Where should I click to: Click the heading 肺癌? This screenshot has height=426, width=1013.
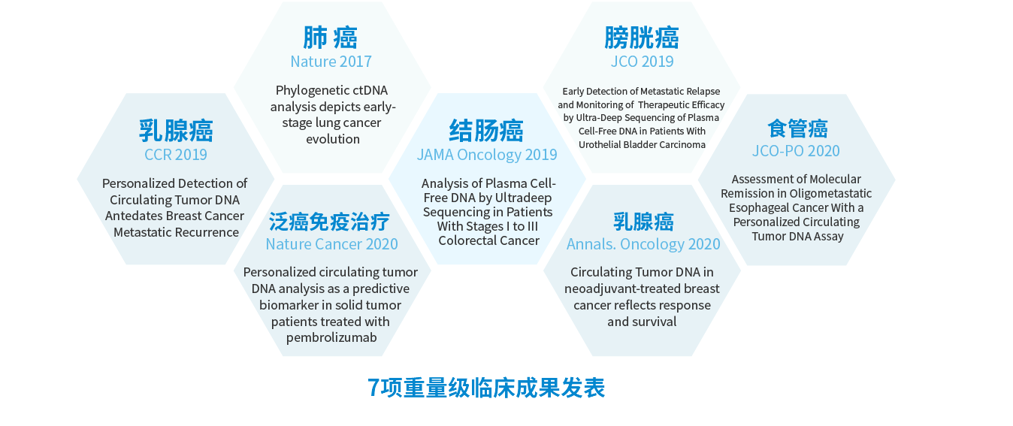[x=331, y=38]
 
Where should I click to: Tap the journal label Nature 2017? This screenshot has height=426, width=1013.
[x=331, y=62]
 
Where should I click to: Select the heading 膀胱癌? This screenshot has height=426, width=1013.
[x=642, y=38]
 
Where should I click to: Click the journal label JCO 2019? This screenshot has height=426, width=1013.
[x=643, y=62]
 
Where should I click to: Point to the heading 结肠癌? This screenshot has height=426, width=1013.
[x=487, y=131]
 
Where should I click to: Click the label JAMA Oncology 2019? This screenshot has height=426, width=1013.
[x=487, y=155]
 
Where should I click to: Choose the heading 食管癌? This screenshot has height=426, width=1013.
[x=798, y=128]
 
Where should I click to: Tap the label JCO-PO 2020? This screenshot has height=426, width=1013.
[x=796, y=151]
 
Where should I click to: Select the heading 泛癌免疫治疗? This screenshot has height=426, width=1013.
[x=329, y=222]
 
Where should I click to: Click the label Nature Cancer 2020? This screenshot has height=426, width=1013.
[x=331, y=244]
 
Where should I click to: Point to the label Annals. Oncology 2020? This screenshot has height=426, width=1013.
[x=643, y=244]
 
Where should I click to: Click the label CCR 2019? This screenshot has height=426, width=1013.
[x=175, y=155]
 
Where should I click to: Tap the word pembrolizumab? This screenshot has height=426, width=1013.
[x=331, y=338]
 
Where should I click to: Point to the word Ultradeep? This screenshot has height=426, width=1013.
[x=523, y=198]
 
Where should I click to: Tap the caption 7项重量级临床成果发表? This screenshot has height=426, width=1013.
[x=486, y=388]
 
